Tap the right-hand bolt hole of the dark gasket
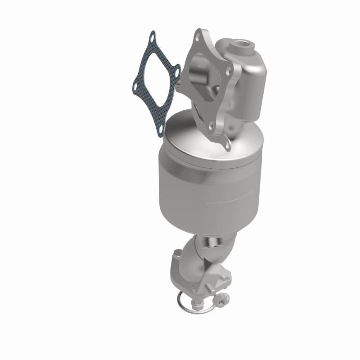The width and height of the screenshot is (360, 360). click(177, 71)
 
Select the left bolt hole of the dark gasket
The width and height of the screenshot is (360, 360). click(135, 83)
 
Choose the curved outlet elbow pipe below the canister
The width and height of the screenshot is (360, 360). click(216, 252)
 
